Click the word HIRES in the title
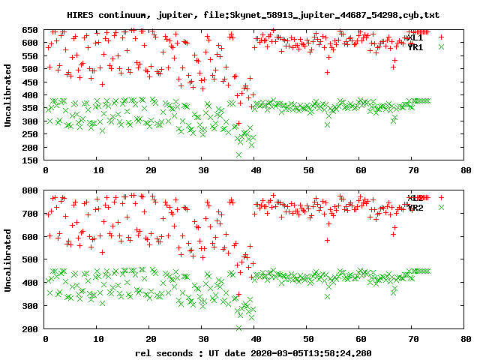80,15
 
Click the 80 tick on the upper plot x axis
466,171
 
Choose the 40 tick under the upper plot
255,171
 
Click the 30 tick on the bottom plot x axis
202,340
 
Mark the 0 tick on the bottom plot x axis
46,340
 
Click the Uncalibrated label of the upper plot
8,95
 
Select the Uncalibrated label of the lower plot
8,260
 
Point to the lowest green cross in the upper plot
239,154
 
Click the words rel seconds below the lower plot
163,352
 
